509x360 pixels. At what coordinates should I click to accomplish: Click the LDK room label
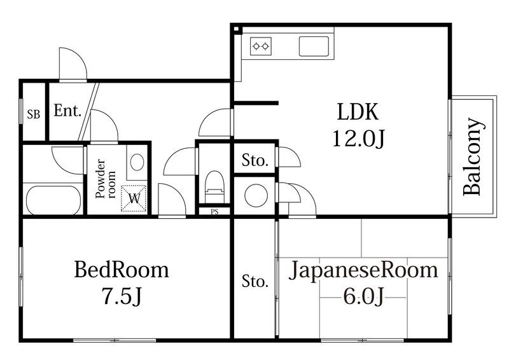[x=358, y=113]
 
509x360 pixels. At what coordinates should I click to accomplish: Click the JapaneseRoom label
[x=364, y=270]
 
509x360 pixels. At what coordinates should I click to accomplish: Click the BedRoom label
[x=122, y=270]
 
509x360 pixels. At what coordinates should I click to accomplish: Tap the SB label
[x=33, y=115]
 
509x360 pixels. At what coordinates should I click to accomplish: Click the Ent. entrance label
[x=67, y=111]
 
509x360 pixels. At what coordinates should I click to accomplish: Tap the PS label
[x=214, y=212]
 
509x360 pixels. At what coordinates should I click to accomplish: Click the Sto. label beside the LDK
[x=255, y=161]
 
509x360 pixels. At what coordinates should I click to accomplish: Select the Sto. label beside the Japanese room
[x=255, y=281]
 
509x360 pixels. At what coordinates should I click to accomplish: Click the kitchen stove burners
[x=261, y=45]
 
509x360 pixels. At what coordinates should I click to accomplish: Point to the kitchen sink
[x=314, y=46]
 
